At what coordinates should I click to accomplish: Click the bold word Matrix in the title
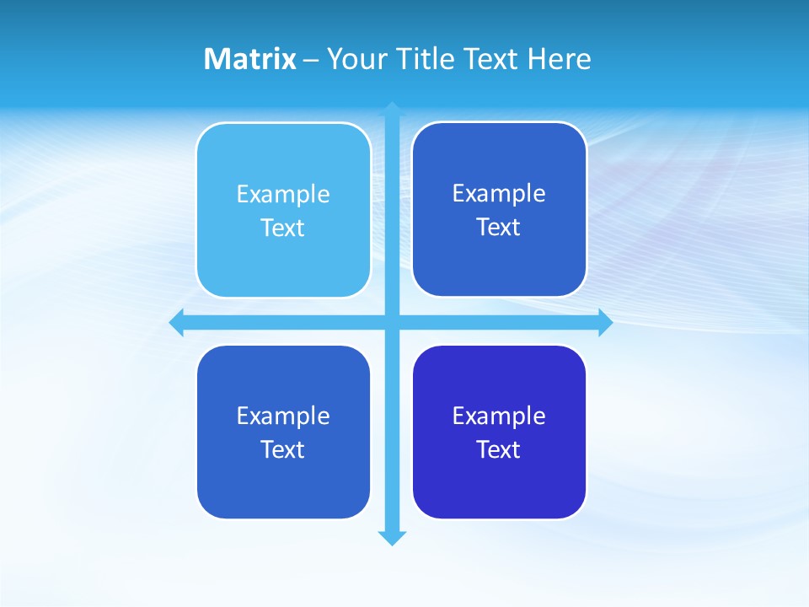(249, 59)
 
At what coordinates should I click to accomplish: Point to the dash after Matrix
(311, 60)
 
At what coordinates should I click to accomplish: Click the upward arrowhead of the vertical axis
(392, 109)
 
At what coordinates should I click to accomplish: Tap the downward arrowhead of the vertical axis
(392, 538)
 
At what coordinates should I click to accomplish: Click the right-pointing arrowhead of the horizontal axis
(605, 323)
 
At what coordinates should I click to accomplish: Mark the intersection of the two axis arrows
(392, 323)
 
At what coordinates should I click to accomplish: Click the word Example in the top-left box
(283, 194)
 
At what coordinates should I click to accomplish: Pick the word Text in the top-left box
(282, 228)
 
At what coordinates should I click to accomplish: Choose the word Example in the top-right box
(499, 193)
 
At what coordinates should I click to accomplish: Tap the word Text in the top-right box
(498, 227)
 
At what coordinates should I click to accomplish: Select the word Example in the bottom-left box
(283, 416)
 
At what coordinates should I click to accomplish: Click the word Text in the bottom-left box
(282, 449)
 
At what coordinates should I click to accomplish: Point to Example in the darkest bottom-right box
(499, 416)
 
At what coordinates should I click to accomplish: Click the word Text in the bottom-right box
(498, 449)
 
